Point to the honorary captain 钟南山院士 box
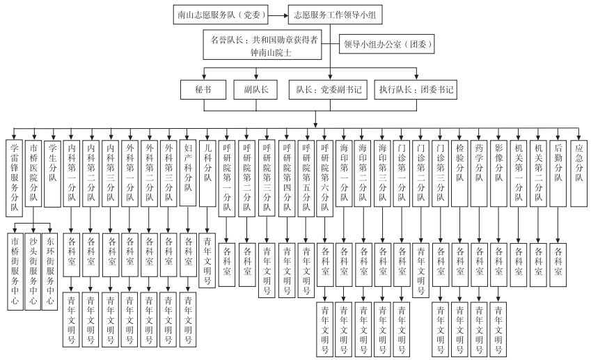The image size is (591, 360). click(265, 45)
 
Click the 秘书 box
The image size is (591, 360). click(203, 90)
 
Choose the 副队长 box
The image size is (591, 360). click(260, 90)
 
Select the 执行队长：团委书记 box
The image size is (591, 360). click(416, 90)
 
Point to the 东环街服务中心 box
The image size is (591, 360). click(50, 272)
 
